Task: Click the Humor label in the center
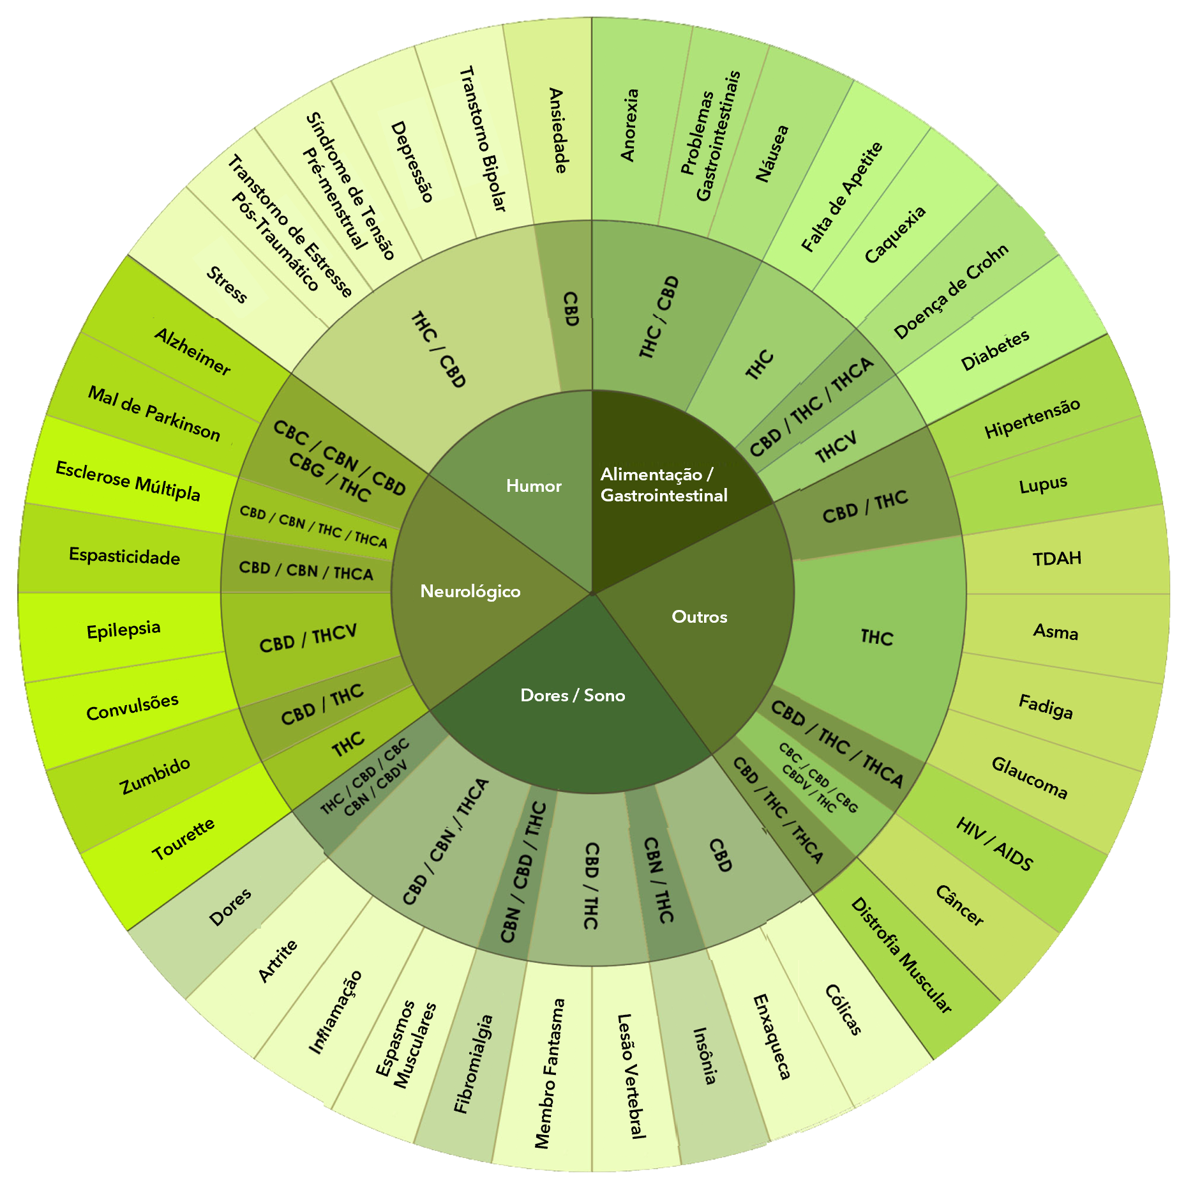pos(534,486)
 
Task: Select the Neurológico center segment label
pos(470,591)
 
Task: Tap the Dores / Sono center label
pos(573,696)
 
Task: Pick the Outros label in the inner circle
pos(699,617)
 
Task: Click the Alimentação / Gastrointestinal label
pos(663,485)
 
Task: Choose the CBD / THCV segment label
pos(308,639)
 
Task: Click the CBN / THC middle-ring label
pos(658,880)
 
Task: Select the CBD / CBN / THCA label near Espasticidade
pos(306,570)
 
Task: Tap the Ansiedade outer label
pos(558,130)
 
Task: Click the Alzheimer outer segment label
pos(193,351)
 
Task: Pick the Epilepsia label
pos(123,630)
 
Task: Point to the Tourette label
pos(183,839)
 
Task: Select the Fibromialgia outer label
pos(473,1063)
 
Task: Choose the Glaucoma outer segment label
pos(1029,777)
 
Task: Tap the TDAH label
pos(1057,559)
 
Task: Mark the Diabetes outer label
pos(995,350)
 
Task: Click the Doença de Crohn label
pos(951,291)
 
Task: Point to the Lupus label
pos(1043,485)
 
